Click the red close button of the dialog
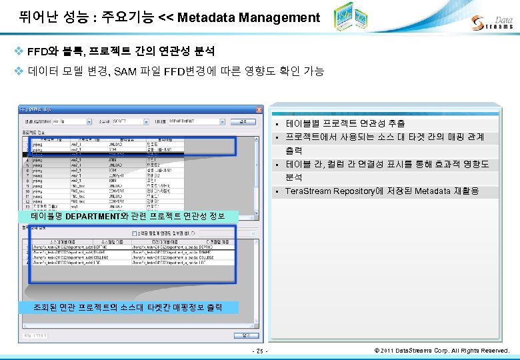pos(259,109)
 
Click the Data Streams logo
pos(493,23)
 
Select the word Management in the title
pos(277,18)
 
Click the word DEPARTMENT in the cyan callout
pos(95,216)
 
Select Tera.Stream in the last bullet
pos(307,191)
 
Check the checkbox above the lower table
pos(135,233)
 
